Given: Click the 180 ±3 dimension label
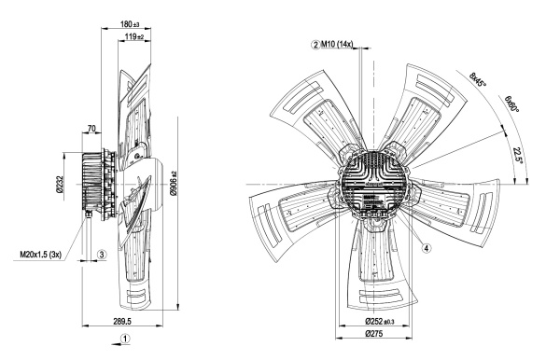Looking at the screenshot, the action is pos(130,24).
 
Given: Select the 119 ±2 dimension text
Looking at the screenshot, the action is pos(134,36).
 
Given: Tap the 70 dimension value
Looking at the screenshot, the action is pos(91,128).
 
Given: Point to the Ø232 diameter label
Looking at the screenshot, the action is pos(60,184).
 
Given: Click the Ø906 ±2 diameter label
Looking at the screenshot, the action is pos(174,184).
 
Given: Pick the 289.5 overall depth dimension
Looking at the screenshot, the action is pos(122,321).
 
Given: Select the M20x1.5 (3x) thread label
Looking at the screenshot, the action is pos(41,255).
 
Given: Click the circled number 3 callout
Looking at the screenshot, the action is pos(102,255).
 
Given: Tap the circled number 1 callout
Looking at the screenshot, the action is pos(125,338).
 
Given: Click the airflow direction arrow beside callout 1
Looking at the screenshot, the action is pos(116,344).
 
